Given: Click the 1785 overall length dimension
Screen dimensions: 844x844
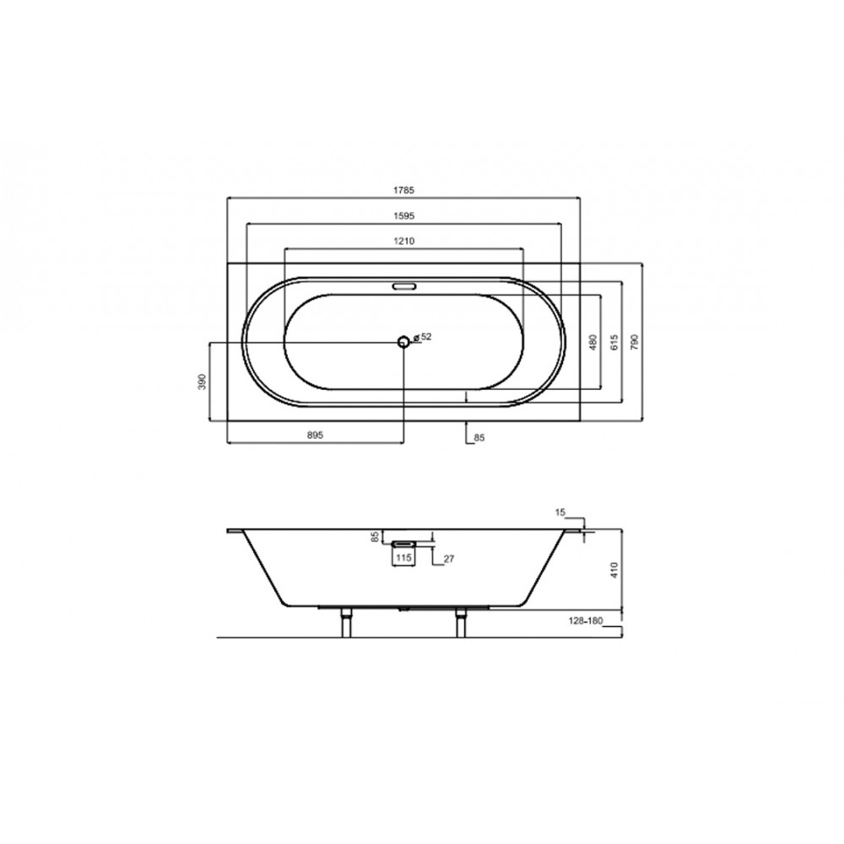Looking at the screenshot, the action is click(x=403, y=190).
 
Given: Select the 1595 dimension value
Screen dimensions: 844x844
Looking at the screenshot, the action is click(x=403, y=216).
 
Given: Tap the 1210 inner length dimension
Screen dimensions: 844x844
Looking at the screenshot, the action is click(x=403, y=241).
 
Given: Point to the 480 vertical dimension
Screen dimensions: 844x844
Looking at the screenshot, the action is click(x=593, y=342).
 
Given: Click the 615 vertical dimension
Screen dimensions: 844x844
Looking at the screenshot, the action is click(x=614, y=342).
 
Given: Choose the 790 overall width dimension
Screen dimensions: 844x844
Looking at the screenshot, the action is click(x=635, y=342).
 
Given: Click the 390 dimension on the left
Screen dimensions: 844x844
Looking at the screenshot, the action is click(x=203, y=381).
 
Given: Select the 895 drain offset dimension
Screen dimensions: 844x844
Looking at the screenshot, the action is click(x=315, y=436).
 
